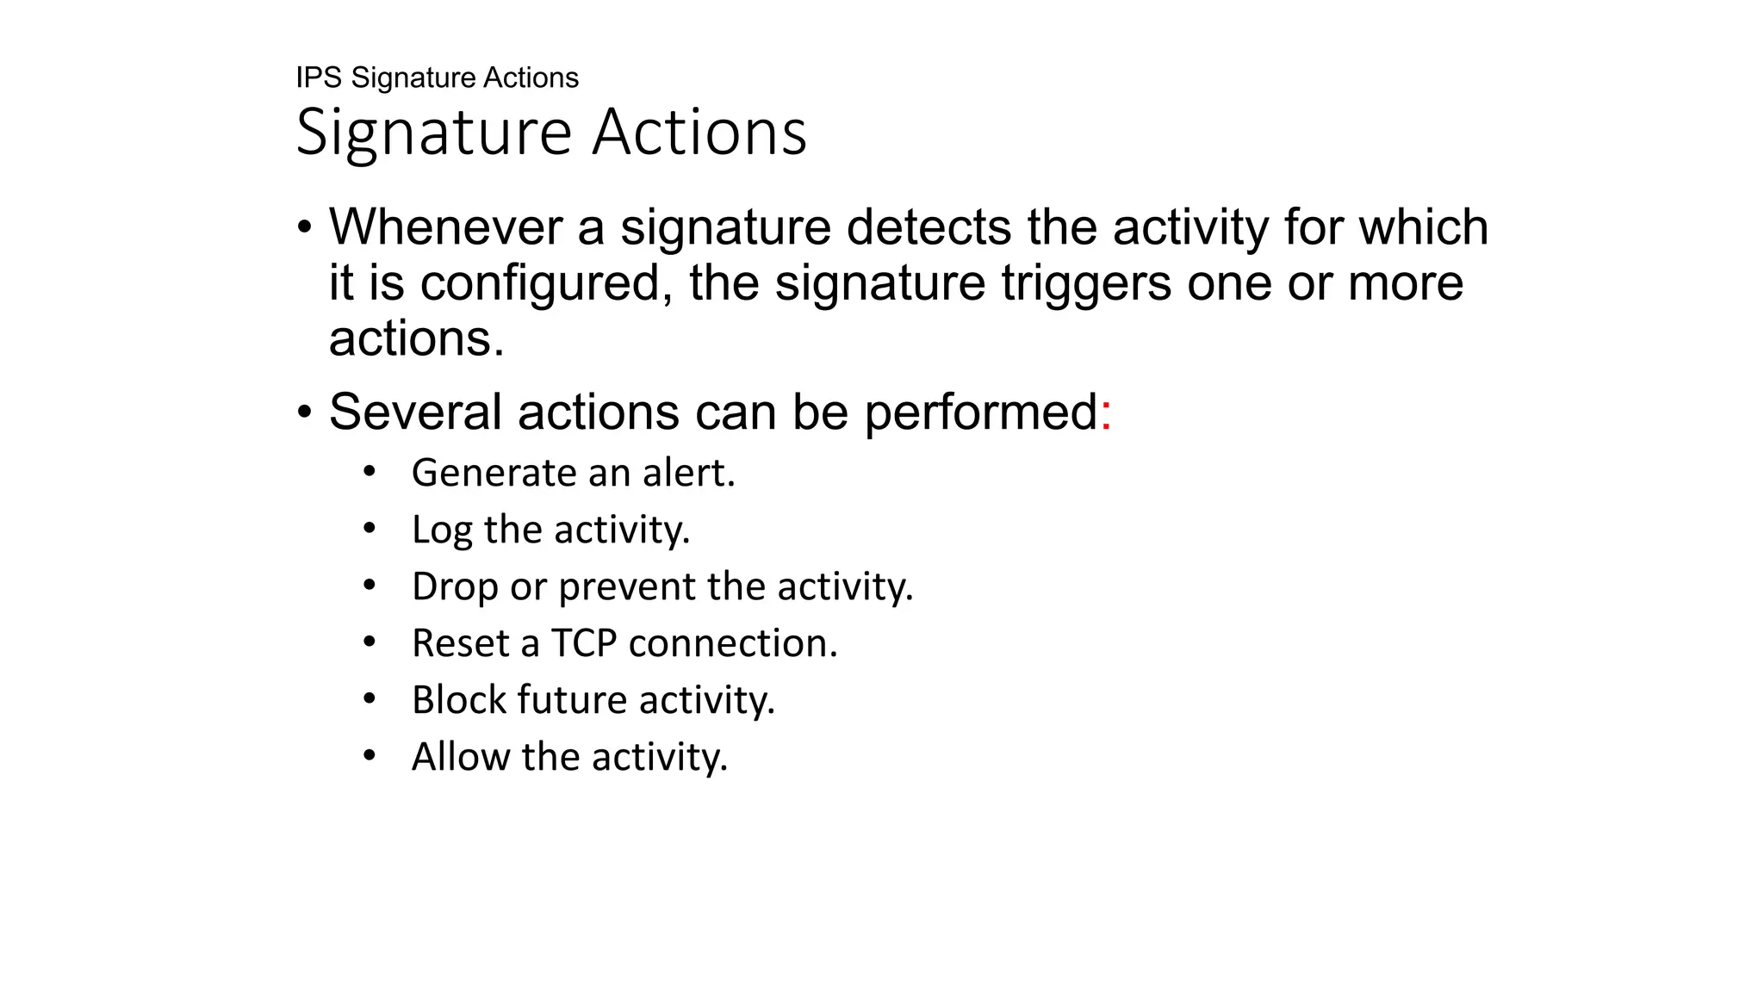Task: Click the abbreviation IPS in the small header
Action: pyautogui.click(x=319, y=77)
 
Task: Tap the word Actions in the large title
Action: pyautogui.click(x=699, y=133)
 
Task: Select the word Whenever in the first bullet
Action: pyautogui.click(x=444, y=227)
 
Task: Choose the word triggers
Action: pyautogui.click(x=1084, y=283)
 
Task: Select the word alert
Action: pyautogui.click(x=688, y=473)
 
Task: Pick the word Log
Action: pyautogui.click(x=441, y=530)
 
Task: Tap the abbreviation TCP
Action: pyautogui.click(x=583, y=643)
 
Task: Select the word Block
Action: pyautogui.click(x=458, y=700)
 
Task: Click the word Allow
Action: pyautogui.click(x=461, y=757)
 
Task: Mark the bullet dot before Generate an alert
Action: pyautogui.click(x=370, y=472)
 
